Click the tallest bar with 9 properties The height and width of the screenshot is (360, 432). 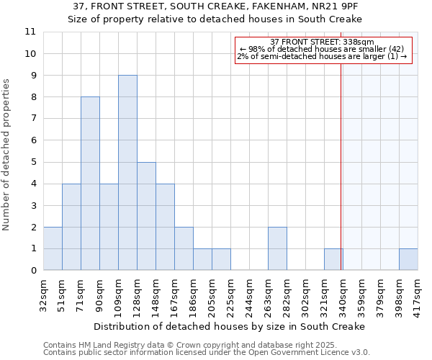point(127,173)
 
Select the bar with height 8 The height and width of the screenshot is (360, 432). point(90,184)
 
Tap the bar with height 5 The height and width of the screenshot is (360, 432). point(146,216)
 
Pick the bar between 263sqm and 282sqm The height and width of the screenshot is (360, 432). point(277,248)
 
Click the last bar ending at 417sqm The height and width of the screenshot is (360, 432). point(408,259)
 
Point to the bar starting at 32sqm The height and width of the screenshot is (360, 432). point(53,248)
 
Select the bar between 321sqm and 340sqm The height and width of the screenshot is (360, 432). point(333,259)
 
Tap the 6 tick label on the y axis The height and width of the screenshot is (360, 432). point(32,140)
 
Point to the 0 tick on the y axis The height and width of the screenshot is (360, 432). point(32,271)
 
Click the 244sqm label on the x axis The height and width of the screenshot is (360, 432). point(249,295)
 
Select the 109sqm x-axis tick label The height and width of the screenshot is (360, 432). point(118,295)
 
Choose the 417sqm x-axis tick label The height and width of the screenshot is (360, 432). point(418,295)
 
